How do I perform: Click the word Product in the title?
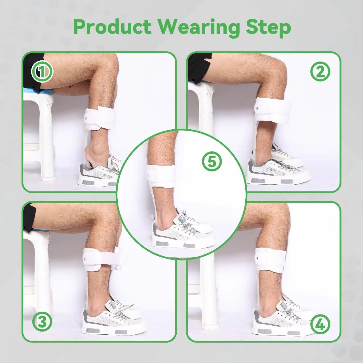(112, 27)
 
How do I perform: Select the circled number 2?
(320, 71)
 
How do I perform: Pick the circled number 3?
(42, 321)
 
